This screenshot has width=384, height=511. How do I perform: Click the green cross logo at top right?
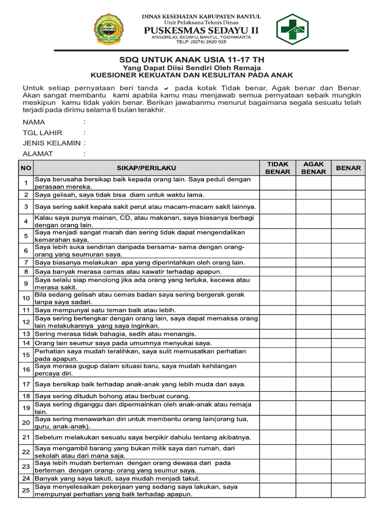(x=292, y=29)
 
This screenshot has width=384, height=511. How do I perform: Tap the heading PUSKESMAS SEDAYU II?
(x=201, y=31)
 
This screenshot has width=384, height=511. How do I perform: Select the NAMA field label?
(x=34, y=122)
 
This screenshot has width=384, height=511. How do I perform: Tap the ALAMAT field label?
(x=38, y=154)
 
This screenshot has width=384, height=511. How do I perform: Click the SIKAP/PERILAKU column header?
(x=146, y=168)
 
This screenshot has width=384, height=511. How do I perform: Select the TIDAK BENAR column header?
(x=277, y=168)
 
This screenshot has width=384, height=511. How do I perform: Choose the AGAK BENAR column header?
(x=313, y=168)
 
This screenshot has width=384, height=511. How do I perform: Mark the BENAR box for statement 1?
(x=348, y=183)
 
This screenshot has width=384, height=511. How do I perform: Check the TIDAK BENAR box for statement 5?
(x=277, y=236)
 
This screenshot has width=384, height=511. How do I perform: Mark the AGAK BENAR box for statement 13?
(x=313, y=333)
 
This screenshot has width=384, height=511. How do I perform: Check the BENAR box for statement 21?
(x=348, y=437)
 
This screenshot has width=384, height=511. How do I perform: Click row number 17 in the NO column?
(x=26, y=384)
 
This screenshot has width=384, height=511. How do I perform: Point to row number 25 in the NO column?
(x=26, y=491)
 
